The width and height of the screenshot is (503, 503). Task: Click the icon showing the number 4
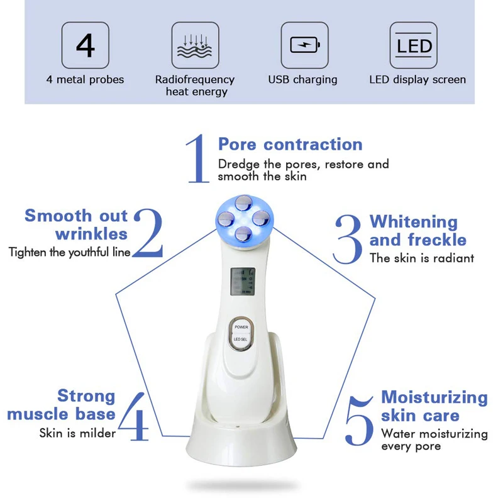coord(86,45)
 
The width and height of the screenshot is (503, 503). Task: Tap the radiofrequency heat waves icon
coord(195,45)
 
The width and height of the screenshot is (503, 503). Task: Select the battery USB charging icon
coord(304,45)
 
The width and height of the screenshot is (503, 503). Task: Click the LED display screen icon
coord(414,45)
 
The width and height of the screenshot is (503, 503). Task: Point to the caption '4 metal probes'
coord(85,80)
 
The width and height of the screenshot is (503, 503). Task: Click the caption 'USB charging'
coord(302,80)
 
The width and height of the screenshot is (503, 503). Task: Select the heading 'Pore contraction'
coord(290,144)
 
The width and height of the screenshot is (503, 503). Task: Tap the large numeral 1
coord(197,158)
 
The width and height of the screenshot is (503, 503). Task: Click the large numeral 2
coord(148,233)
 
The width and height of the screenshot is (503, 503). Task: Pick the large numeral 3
coord(348,239)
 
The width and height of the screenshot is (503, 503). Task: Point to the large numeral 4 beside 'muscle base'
coord(133,416)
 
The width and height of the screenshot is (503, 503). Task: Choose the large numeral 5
coord(360,419)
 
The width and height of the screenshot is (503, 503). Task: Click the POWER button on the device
coord(241,328)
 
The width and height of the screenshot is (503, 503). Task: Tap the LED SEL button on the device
coord(241,340)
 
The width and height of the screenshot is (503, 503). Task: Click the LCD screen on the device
coord(241,282)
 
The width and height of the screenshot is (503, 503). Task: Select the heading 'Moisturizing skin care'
coord(434,406)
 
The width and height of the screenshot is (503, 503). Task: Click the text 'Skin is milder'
coord(77,433)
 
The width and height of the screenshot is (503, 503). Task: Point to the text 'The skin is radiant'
coord(421,258)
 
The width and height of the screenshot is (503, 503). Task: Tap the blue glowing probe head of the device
coord(241,217)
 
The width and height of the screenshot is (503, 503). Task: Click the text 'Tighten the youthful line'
coord(69,252)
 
